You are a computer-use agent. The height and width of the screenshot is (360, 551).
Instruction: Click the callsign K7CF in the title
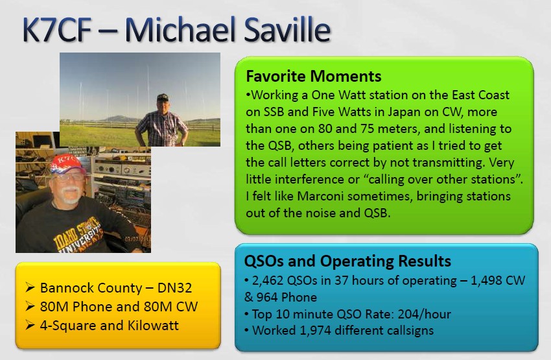tap(57, 30)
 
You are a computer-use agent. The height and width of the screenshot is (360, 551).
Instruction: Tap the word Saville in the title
tap(287, 30)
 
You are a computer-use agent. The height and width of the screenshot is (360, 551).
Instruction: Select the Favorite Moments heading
tap(314, 76)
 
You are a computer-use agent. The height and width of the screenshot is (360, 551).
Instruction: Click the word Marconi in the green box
tap(320, 196)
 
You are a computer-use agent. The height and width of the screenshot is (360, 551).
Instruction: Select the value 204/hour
tap(424, 314)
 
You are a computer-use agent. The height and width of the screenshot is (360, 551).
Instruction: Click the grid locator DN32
tap(174, 288)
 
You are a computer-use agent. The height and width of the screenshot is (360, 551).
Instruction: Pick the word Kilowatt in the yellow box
tap(153, 325)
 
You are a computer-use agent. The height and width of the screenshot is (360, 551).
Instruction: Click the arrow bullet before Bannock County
tap(30, 288)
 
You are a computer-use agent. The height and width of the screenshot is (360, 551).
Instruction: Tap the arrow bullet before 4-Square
tap(30, 326)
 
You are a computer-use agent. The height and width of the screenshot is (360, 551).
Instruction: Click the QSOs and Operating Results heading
tap(347, 261)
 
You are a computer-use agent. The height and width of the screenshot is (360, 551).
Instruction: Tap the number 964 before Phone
tap(267, 298)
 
